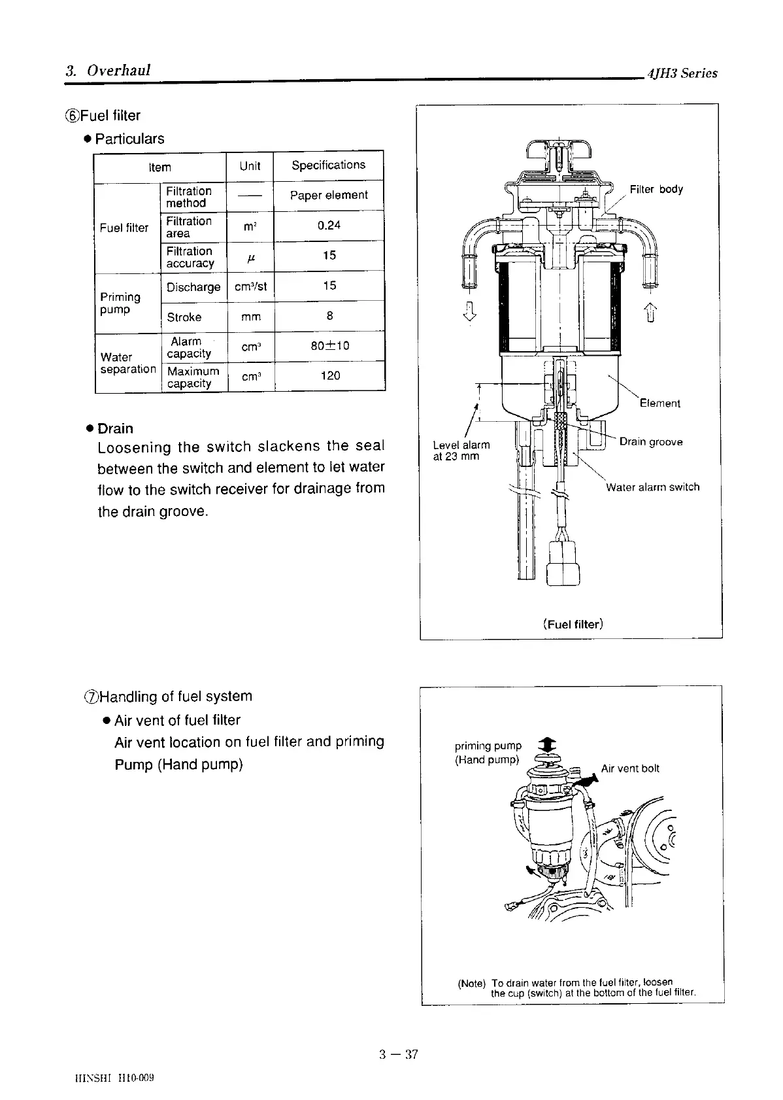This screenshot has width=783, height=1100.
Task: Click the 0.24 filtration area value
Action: click(329, 225)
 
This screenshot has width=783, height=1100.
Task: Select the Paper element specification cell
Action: click(329, 195)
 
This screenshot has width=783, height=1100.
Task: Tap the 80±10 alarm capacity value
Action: click(329, 345)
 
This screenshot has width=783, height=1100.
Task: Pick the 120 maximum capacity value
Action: click(330, 375)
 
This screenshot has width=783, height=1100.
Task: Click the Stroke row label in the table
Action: click(184, 317)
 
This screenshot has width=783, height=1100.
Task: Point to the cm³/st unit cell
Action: click(250, 286)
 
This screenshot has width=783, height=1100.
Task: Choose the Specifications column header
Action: click(328, 165)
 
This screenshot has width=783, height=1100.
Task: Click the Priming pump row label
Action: click(120, 303)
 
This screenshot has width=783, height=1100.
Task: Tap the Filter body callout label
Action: click(656, 189)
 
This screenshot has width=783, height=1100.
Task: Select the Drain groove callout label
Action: click(651, 441)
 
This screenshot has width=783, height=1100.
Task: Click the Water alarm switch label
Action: click(652, 487)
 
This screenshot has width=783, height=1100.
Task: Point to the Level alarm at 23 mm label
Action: click(461, 450)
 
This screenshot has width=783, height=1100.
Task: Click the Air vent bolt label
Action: click(630, 768)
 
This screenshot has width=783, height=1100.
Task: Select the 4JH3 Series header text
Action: click(682, 73)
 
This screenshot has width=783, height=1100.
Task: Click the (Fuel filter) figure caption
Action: click(573, 624)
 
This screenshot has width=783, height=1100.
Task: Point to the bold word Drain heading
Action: click(115, 428)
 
